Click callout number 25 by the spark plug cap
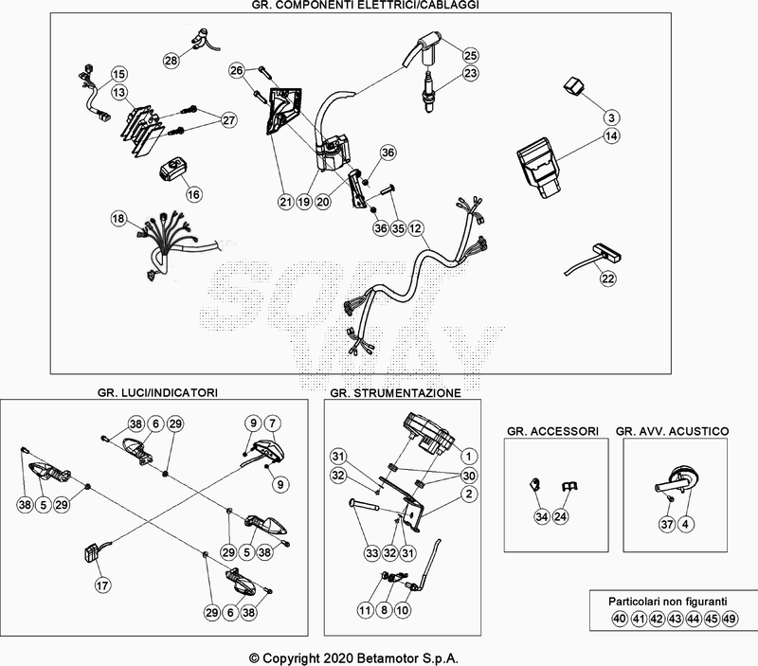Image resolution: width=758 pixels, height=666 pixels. pyautogui.click(x=471, y=55)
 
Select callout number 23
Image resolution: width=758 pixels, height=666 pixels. pyautogui.click(x=471, y=73)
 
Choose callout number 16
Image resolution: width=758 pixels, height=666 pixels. pyautogui.click(x=194, y=194)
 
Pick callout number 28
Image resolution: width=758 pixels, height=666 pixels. pyautogui.click(x=171, y=61)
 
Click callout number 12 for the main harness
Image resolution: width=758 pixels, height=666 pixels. pyautogui.click(x=416, y=229)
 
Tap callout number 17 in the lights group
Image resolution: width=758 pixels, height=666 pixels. pyautogui.click(x=101, y=586)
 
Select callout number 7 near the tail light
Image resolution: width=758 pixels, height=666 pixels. pyautogui.click(x=272, y=423)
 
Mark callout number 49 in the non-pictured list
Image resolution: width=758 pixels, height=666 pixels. pyautogui.click(x=730, y=620)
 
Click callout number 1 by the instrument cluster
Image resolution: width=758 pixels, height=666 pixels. pyautogui.click(x=468, y=458)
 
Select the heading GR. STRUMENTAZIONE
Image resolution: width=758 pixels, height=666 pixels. pyautogui.click(x=395, y=391)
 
